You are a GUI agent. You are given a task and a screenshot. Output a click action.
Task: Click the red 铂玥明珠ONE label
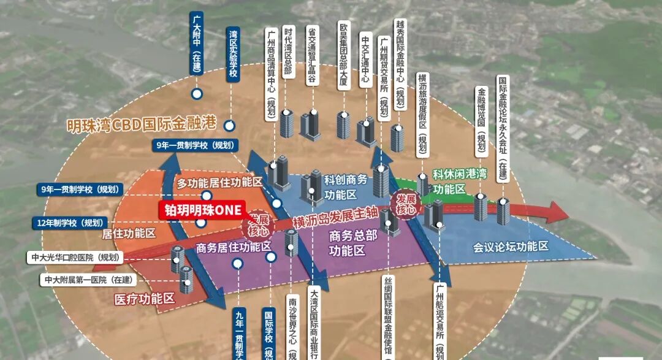point(202,209)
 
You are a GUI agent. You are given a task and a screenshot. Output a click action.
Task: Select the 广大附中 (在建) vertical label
point(196,42)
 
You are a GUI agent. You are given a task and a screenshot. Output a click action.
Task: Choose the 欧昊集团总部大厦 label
point(344,55)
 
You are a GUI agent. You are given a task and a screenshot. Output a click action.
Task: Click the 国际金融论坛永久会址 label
point(503,126)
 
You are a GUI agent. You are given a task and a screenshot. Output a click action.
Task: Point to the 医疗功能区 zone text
point(145,299)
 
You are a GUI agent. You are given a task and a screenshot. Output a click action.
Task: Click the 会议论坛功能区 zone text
point(510,247)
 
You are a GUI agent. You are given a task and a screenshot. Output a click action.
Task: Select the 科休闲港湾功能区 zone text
point(459,182)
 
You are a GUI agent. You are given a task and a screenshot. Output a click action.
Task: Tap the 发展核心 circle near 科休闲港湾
point(406,204)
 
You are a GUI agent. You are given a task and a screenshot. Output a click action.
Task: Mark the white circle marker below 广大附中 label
point(197,94)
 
